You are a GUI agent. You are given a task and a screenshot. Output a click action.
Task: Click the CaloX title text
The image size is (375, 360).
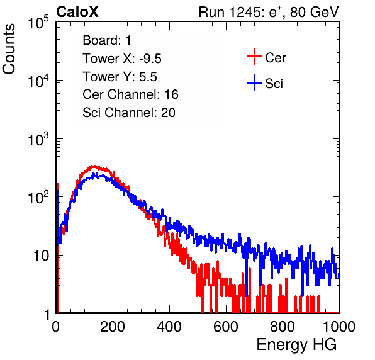(77, 12)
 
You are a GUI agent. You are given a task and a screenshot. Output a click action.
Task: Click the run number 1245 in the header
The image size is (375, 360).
(244, 12)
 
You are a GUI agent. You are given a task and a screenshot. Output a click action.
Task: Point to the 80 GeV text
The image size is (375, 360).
(314, 12)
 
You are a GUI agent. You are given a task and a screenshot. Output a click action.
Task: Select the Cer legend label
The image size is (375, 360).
(275, 58)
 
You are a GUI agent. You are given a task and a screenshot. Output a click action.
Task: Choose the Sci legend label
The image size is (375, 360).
(274, 84)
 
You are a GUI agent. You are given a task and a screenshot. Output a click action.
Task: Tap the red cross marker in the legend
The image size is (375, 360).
(254, 57)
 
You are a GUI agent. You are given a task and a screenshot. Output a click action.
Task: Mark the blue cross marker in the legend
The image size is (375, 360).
(254, 82)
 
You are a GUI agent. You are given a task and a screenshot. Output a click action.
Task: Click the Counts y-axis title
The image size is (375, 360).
(9, 49)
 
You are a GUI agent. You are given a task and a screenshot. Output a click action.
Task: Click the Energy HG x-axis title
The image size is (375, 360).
(296, 345)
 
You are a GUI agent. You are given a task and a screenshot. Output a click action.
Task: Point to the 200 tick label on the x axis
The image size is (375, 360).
(113, 327)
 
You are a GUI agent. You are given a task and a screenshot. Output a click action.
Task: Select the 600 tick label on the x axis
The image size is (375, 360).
(226, 327)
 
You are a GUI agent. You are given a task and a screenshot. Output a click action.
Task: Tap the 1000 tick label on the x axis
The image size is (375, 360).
(339, 327)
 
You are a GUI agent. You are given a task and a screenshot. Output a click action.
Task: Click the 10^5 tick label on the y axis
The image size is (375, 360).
(38, 22)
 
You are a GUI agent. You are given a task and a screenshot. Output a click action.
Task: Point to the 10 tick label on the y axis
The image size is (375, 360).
(41, 256)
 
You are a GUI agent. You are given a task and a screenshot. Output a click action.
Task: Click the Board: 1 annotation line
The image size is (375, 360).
(107, 40)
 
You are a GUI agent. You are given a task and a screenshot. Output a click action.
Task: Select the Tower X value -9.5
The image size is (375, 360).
(150, 59)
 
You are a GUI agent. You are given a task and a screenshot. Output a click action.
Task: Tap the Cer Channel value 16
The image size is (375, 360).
(171, 94)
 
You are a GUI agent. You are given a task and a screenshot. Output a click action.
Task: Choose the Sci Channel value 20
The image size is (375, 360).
(168, 113)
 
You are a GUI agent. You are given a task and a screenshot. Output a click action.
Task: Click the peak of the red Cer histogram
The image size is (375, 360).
(93, 166)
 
